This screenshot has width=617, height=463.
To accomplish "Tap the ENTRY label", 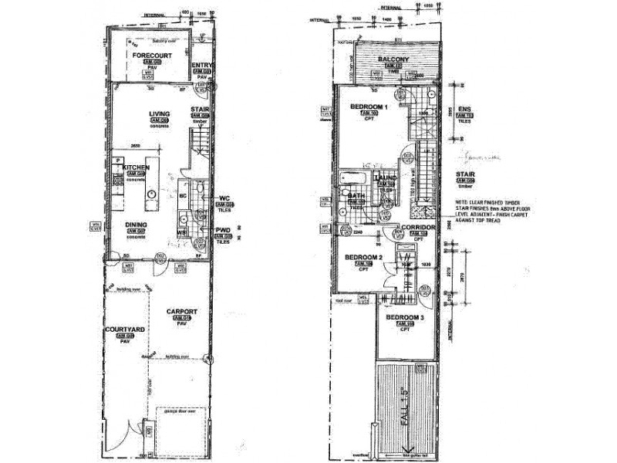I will pyautogui.click(x=201, y=66).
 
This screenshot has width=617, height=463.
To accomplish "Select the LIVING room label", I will pyautogui.click(x=160, y=114).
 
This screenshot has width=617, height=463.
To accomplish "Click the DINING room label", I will pyautogui.click(x=137, y=225).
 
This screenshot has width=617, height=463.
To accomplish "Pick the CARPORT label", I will pyautogui.click(x=182, y=311).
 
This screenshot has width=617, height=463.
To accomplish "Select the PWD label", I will pyautogui.click(x=224, y=230).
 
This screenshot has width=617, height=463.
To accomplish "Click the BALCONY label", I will pyautogui.click(x=393, y=59).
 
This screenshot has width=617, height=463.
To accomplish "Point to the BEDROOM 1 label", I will pyautogui.click(x=369, y=106).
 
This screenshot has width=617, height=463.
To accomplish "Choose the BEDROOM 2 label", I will pyautogui.click(x=363, y=257).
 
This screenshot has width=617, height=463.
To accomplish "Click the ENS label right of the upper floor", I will pyautogui.click(x=464, y=108).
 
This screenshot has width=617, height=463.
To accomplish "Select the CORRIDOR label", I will pyautogui.click(x=420, y=229).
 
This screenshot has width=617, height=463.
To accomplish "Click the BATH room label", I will pyautogui.click(x=356, y=197).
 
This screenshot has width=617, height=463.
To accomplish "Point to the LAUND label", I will pyautogui.click(x=386, y=178).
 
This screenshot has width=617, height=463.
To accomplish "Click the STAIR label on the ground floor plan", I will pyautogui.click(x=200, y=110).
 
